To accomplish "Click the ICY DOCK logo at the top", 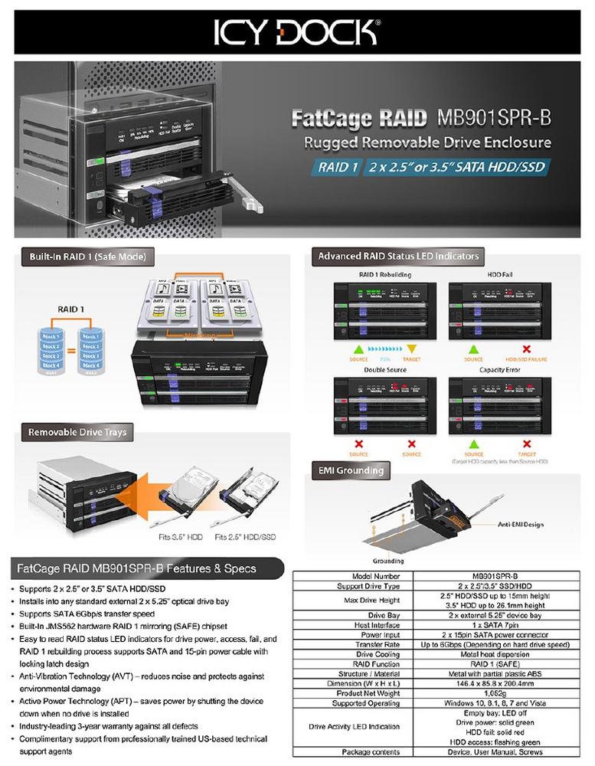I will (x=297, y=32).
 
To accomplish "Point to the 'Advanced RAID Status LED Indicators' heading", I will (x=398, y=256).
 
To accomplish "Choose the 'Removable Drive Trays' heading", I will (x=77, y=433).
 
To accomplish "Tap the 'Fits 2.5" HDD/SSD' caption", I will (x=245, y=537).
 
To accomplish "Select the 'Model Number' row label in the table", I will (x=376, y=575).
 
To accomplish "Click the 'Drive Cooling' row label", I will (x=376, y=653).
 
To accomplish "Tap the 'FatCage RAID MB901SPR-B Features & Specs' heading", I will (x=136, y=568).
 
